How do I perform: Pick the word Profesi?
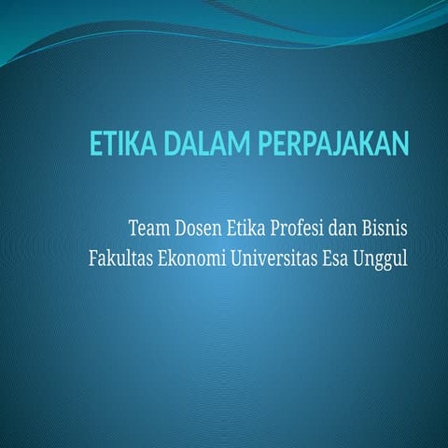coord(306,227)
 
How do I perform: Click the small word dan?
coord(356,227)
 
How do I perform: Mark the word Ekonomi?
coord(192,256)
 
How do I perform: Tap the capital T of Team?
coord(133,227)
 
